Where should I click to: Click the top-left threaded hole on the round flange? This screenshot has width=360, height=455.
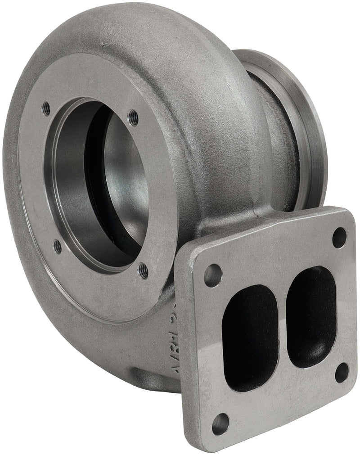point(46,108)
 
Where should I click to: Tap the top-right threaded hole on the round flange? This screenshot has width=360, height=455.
point(133,118)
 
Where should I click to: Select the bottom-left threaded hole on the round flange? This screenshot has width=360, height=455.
point(58,246)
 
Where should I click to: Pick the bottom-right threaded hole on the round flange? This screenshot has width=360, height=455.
point(144,271)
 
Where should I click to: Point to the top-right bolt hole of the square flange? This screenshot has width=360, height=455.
point(339,238)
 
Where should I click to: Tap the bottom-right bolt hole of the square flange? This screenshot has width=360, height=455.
point(342,372)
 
